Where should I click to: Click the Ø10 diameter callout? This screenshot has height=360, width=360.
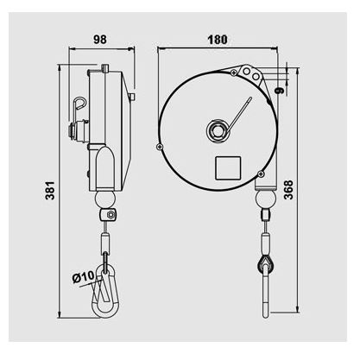pos(82,276)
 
